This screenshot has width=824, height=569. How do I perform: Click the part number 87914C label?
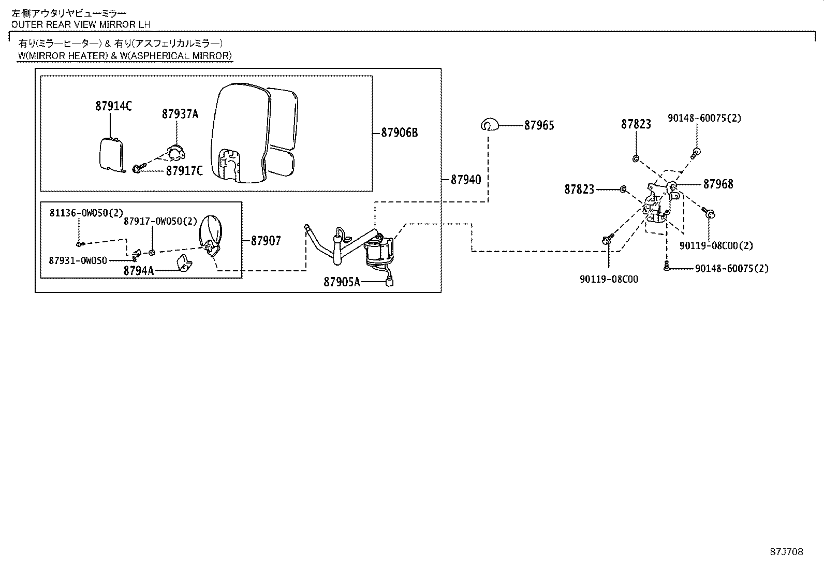113,106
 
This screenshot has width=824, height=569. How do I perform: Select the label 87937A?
180,114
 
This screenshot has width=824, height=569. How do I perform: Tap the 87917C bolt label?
184,171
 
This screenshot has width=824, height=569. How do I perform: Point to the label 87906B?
399,133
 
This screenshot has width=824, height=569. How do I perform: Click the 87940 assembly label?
465,180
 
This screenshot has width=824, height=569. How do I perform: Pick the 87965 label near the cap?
539,125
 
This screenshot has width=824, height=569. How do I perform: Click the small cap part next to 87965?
489,124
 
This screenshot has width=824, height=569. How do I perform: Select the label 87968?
718,184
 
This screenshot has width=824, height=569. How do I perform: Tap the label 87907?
266,240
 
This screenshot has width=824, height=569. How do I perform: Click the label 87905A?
342,282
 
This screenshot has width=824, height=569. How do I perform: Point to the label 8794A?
138,270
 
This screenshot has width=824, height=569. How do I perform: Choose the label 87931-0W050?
78,260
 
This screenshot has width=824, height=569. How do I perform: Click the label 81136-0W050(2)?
86,213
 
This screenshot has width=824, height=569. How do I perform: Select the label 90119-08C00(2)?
716,246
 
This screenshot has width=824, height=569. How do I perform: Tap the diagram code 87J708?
786,552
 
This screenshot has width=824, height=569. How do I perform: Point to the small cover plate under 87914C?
111,154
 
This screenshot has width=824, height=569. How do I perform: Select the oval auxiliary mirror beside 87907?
211,233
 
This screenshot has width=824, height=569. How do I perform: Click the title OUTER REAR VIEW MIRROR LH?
81,24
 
